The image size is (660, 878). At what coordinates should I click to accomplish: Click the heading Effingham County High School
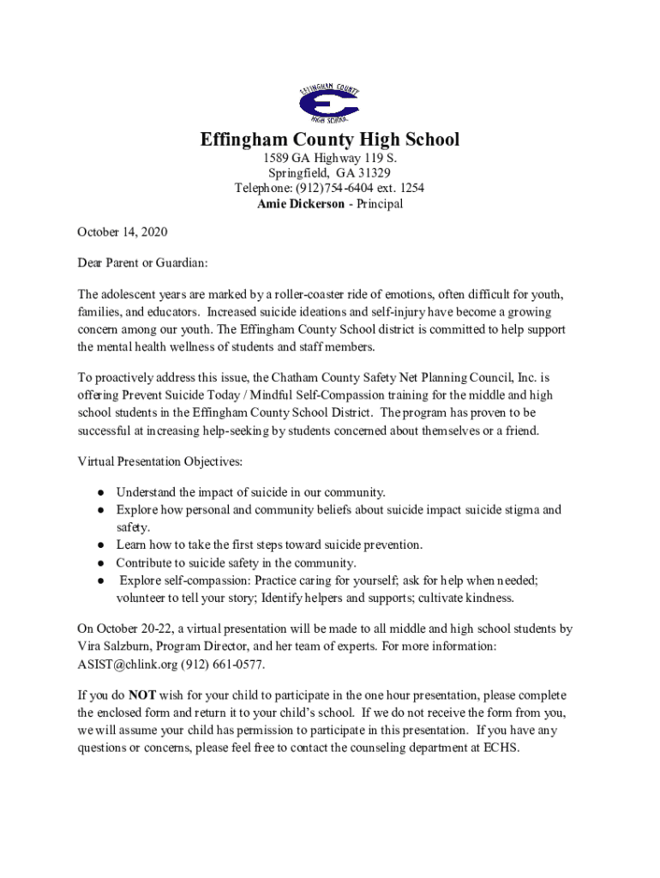click(x=330, y=140)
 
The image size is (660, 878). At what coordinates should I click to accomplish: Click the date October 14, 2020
click(x=123, y=232)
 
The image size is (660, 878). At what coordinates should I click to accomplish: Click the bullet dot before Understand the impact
click(x=100, y=493)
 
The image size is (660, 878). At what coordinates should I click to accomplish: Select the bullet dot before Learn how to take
click(x=100, y=545)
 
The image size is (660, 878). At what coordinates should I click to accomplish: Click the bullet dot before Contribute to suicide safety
click(x=100, y=563)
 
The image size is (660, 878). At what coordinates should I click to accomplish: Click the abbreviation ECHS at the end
click(x=500, y=747)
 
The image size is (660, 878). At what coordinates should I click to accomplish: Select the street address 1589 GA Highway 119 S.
click(x=330, y=159)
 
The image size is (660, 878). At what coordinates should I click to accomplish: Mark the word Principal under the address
click(x=374, y=204)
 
